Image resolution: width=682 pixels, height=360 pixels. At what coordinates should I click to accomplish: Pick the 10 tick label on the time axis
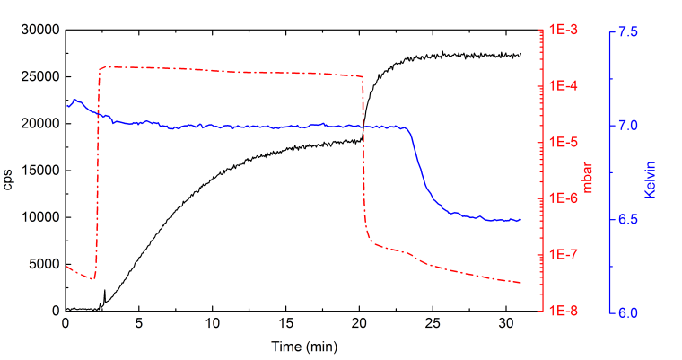click(x=213, y=325)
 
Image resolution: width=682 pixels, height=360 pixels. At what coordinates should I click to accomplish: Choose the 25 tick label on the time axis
click(x=433, y=325)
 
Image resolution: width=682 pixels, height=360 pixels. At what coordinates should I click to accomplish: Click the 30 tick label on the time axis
click(x=507, y=325)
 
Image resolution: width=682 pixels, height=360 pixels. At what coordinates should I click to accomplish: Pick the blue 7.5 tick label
click(x=630, y=31)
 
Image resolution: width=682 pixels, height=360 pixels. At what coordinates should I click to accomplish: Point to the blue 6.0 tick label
click(x=630, y=312)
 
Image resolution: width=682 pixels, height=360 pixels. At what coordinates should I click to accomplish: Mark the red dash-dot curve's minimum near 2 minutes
click(x=92, y=278)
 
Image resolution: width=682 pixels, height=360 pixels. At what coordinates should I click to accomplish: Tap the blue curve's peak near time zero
click(x=74, y=100)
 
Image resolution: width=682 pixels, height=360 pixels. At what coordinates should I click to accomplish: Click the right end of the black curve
click(x=520, y=54)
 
